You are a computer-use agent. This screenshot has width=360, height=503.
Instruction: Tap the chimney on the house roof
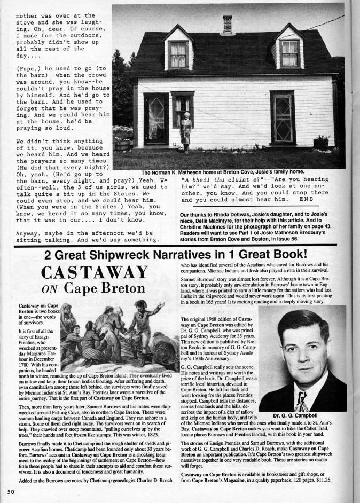coord(227,24)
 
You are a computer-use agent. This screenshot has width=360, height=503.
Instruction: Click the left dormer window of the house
coord(178,53)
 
